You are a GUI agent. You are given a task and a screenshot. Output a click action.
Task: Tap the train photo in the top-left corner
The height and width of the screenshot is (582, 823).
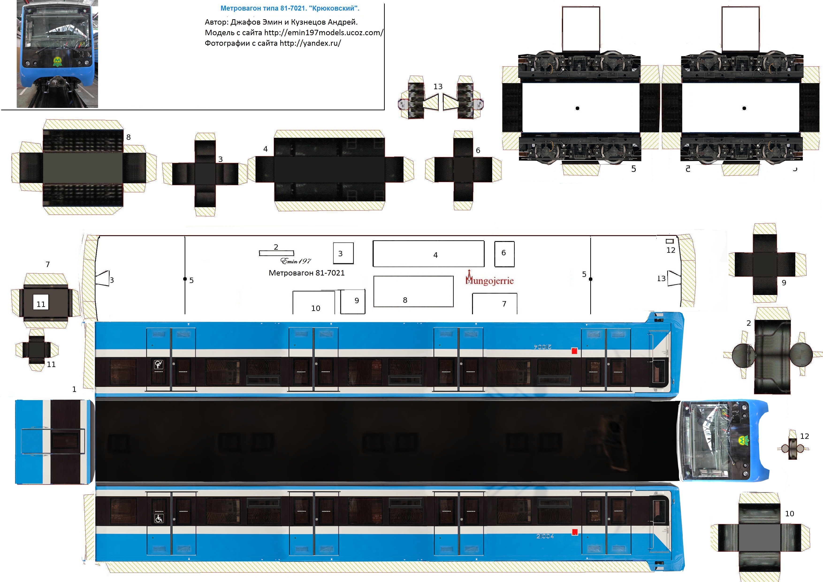click(57, 54)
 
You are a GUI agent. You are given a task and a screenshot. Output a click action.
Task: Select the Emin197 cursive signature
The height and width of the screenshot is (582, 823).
click(296, 261)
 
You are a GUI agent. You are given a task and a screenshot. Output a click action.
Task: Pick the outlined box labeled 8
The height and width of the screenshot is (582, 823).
click(413, 291)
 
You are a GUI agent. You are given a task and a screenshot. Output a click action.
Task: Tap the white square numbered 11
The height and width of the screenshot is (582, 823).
click(41, 304)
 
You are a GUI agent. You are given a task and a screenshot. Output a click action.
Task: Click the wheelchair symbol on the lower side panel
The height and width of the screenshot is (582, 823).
click(159, 519)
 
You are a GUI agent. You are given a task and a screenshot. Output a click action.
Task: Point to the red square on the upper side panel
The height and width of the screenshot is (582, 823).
click(574, 351)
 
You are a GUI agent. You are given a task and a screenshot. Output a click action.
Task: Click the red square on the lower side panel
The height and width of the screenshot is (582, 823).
click(575, 532)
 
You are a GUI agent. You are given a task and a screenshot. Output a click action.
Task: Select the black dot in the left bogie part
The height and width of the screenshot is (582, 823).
click(577, 108)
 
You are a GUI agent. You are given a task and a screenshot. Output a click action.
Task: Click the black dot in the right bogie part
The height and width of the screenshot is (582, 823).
click(744, 108)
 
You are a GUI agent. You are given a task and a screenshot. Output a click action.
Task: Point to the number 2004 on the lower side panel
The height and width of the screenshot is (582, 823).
click(545, 536)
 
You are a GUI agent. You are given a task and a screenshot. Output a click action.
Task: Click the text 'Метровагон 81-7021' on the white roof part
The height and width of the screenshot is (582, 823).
click(306, 273)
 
